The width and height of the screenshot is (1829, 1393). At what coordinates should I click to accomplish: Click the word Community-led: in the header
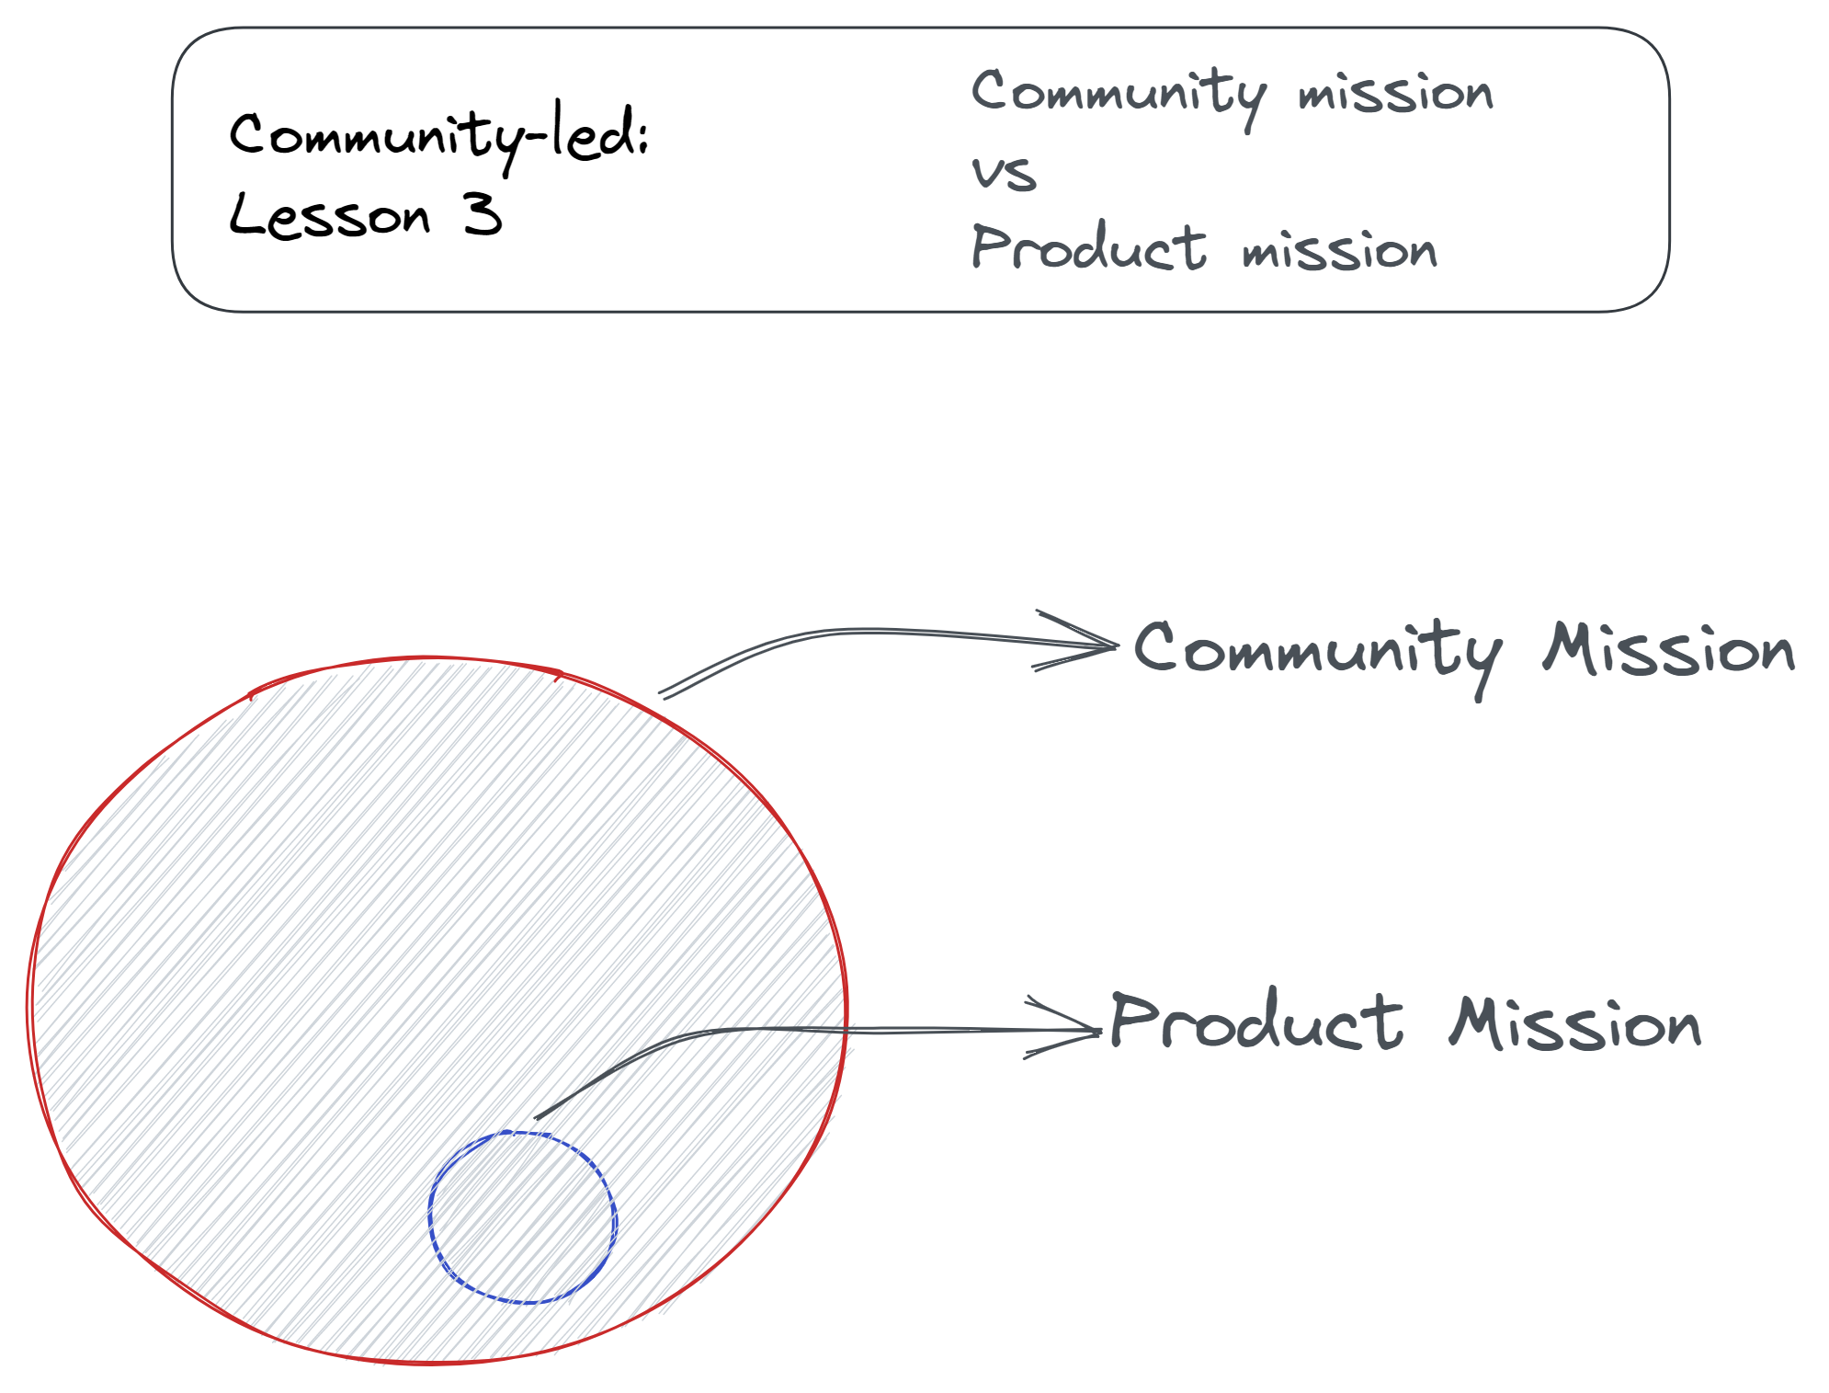coord(438,138)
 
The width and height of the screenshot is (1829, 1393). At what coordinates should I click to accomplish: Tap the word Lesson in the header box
coord(329,215)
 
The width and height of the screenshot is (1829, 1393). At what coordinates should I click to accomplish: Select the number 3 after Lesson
coord(483,214)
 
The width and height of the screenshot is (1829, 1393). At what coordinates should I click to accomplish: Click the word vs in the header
coord(1004,173)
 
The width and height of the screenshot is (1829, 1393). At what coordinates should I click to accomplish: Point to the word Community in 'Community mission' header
coord(1119,97)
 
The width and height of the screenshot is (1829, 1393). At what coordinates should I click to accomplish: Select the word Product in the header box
coord(1088,247)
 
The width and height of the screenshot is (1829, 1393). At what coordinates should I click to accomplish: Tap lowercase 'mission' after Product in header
coord(1339,250)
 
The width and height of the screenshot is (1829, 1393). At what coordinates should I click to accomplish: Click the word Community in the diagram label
coord(1318,656)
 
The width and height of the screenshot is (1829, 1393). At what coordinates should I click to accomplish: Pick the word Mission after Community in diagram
coord(1668,649)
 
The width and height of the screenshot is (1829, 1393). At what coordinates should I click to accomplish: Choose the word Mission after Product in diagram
coord(1575,1022)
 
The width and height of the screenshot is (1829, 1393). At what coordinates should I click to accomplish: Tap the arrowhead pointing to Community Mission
coord(1116,645)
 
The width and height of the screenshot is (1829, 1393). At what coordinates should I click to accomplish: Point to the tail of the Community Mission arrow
coord(662,695)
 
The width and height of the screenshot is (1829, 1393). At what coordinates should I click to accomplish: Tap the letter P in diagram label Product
coord(1131,1019)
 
